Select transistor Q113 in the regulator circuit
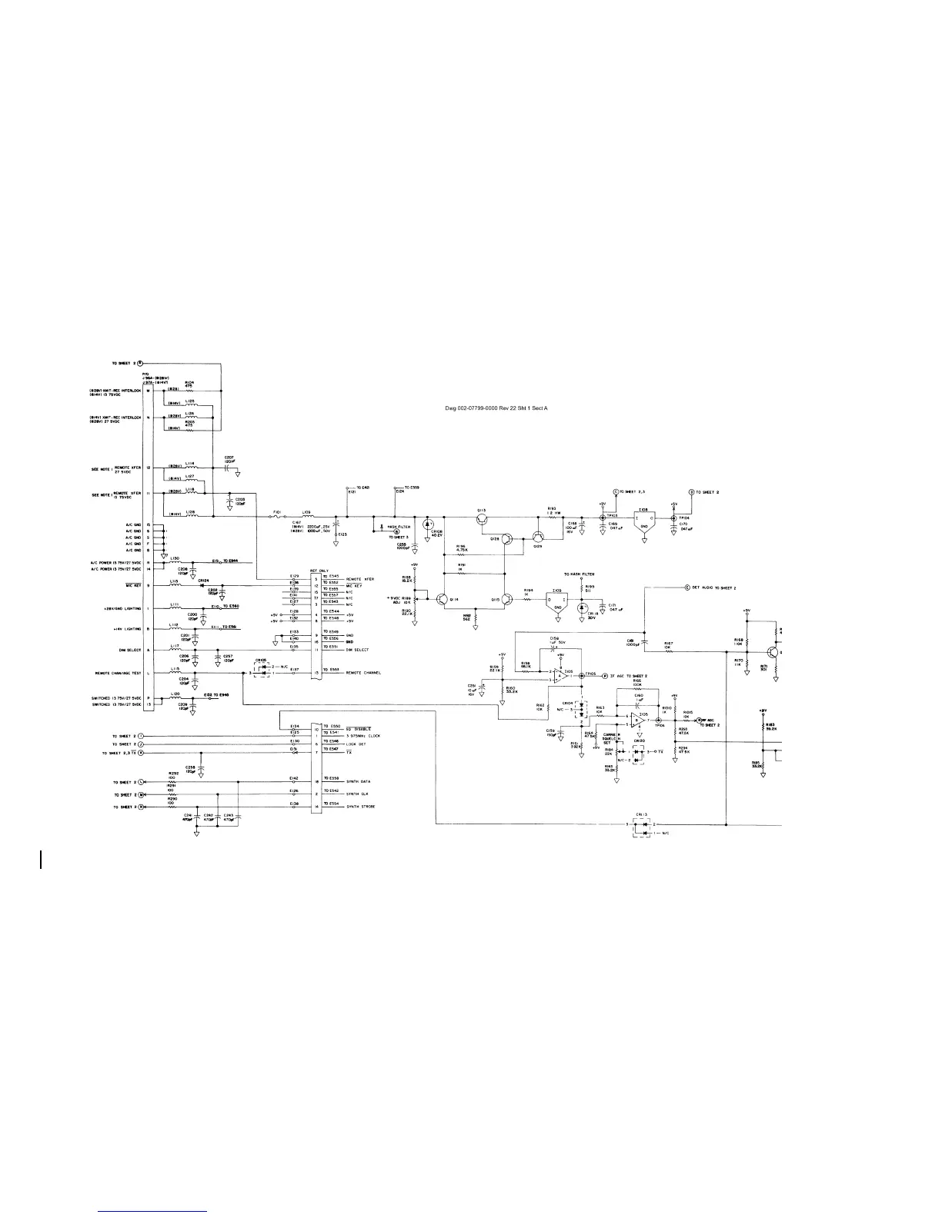click(x=482, y=521)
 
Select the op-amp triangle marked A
click(x=561, y=674)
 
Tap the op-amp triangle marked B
click(x=636, y=720)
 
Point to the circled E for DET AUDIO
click(x=686, y=587)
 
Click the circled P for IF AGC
click(x=604, y=674)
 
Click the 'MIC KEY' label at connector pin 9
click(x=132, y=585)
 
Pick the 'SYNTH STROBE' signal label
click(x=360, y=807)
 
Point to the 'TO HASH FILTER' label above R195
click(x=579, y=574)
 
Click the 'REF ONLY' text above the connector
click(x=319, y=571)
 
